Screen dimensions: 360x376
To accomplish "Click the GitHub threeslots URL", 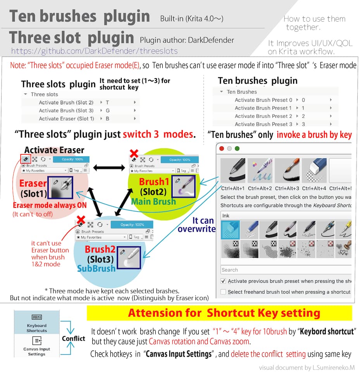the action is [x=94, y=51].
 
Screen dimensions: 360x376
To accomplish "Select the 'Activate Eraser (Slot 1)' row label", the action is [x=67, y=119].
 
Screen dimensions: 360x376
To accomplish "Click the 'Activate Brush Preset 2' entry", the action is [x=263, y=116].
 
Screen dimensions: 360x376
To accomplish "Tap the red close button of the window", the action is [x=222, y=149].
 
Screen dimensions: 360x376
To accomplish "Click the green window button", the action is [x=237, y=149].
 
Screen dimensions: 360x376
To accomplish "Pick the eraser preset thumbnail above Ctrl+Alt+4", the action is [x=314, y=170].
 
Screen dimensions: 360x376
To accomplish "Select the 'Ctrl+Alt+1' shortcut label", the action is [x=233, y=189].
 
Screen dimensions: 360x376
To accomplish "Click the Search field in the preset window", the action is [x=286, y=270].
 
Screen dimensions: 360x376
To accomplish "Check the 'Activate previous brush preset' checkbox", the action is [x=223, y=281].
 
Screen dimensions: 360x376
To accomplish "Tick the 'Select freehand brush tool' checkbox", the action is [x=223, y=292].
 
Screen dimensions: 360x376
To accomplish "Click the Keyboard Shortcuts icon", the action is [x=37, y=317].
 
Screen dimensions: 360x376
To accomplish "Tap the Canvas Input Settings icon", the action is [x=37, y=340].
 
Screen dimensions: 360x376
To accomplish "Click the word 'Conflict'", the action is [x=74, y=338].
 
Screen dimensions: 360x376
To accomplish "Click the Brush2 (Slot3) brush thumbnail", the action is [x=129, y=258].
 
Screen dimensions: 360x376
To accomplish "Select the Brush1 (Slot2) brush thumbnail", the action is [x=184, y=186].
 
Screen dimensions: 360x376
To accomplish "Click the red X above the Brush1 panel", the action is [x=134, y=153].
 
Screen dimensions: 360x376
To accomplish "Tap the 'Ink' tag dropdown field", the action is [x=286, y=216].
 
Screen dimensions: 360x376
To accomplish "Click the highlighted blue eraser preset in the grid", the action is [x=231, y=230].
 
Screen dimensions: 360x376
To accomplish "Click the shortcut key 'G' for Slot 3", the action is [x=108, y=110].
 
